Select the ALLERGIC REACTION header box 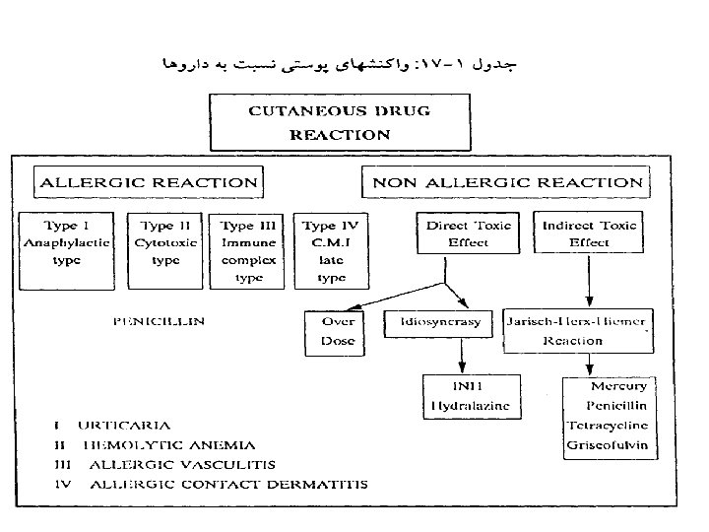coord(148,182)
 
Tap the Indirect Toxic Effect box coord(589,234)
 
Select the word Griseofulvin coord(607,445)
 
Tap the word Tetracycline coord(607,426)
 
